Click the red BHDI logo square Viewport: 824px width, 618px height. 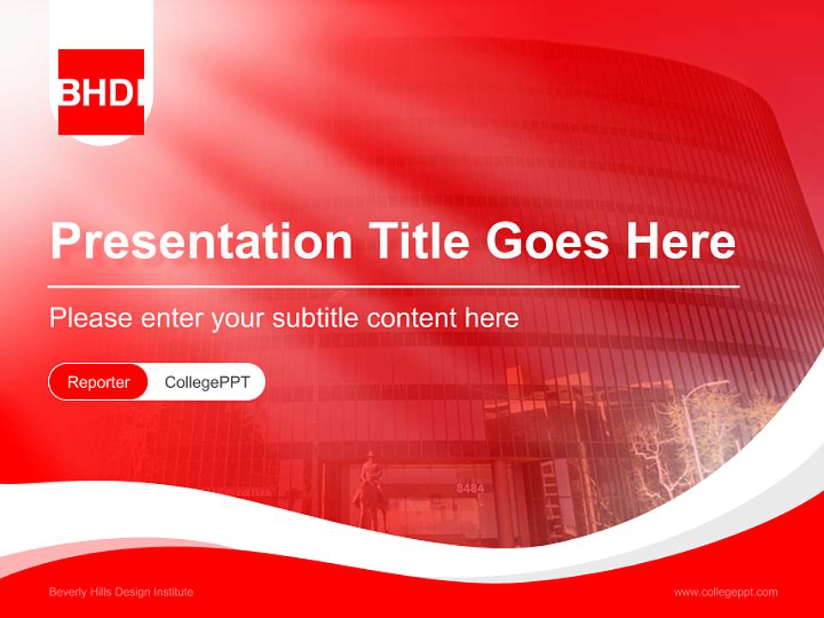click(x=101, y=92)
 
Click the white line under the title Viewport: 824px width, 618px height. click(x=394, y=286)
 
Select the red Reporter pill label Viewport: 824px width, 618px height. click(x=99, y=383)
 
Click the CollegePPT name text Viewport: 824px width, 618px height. click(x=207, y=383)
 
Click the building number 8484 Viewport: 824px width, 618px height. click(x=470, y=488)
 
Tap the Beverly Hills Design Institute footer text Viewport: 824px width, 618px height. click(x=121, y=592)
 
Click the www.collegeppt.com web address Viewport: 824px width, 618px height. click(x=725, y=592)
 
